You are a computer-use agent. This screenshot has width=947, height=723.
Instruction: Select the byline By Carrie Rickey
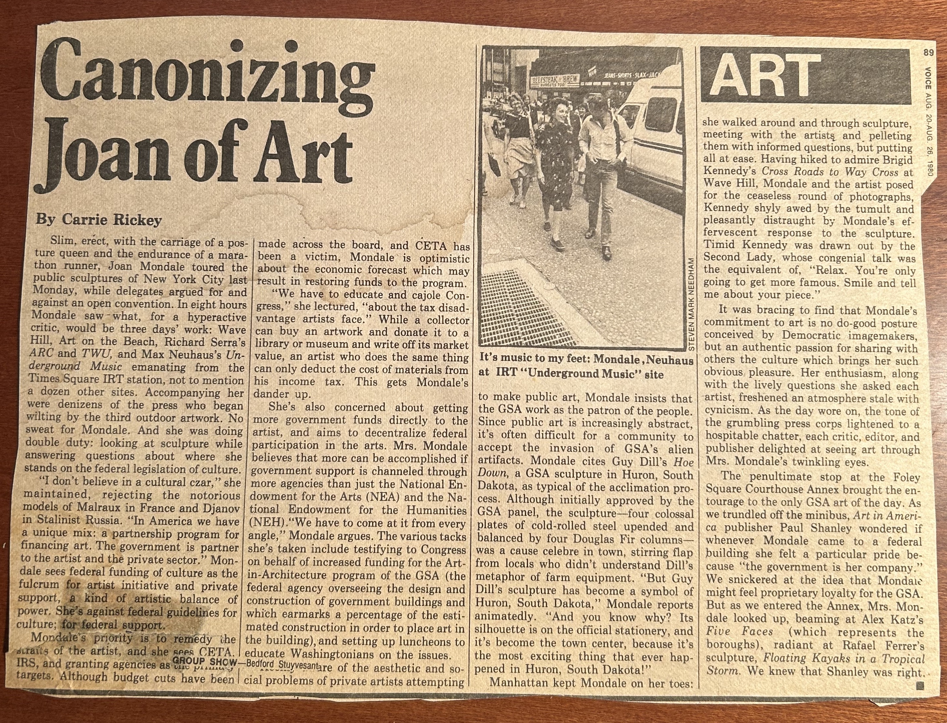click(x=99, y=220)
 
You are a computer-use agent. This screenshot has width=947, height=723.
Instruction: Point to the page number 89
click(x=929, y=53)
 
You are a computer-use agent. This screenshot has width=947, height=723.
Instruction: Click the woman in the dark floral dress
click(x=553, y=172)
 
